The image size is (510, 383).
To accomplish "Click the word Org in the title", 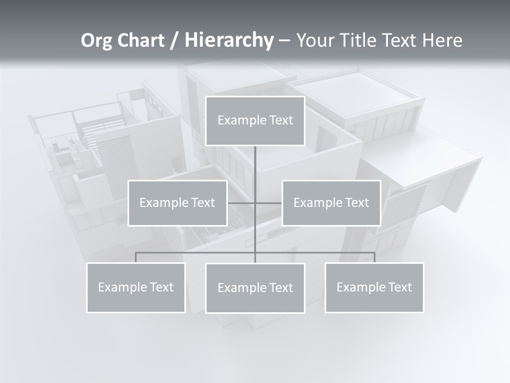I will click(96, 40).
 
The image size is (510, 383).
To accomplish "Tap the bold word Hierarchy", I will click(228, 40).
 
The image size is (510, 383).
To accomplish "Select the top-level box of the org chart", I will click(255, 121).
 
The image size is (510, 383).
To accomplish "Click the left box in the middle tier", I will click(177, 203).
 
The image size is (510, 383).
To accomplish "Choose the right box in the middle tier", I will click(331, 203).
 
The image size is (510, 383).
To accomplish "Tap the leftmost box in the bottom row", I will click(136, 288).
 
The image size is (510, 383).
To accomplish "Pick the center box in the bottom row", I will click(255, 288).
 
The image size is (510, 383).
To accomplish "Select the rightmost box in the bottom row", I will click(375, 288).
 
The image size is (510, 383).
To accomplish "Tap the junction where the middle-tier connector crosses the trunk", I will click(255, 203).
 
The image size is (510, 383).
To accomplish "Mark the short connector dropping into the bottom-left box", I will click(136, 257).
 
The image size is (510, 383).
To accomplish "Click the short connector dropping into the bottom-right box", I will click(375, 257).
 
